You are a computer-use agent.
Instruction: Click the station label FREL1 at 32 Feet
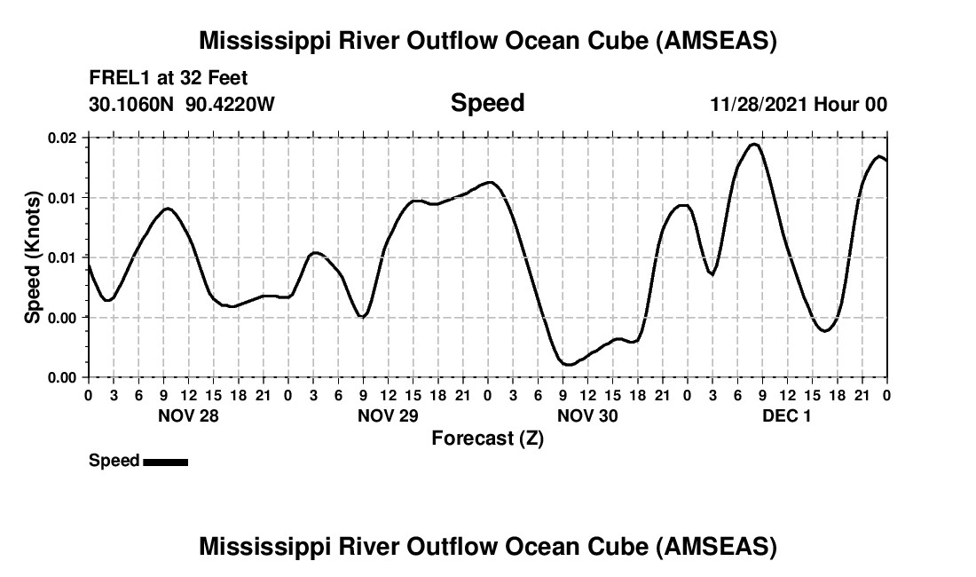(168, 77)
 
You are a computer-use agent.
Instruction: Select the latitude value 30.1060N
(133, 104)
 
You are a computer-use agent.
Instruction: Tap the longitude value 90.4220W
(231, 104)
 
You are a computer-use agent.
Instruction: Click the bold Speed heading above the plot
(488, 103)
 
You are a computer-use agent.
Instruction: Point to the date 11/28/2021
(759, 104)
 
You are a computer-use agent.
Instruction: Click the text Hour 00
(851, 104)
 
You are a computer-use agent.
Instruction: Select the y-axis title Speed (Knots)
(33, 257)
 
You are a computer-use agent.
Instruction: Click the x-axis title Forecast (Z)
(487, 438)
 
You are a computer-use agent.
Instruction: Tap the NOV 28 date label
(187, 415)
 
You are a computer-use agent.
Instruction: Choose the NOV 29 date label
(388, 415)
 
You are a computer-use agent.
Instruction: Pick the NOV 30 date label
(587, 415)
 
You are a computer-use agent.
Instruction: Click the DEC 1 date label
(787, 415)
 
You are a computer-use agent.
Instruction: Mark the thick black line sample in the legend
(165, 462)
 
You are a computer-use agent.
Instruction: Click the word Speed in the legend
(114, 461)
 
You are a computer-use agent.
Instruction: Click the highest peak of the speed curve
(755, 144)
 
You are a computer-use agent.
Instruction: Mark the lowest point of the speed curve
(567, 364)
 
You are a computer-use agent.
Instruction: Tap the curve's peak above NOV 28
(167, 208)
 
